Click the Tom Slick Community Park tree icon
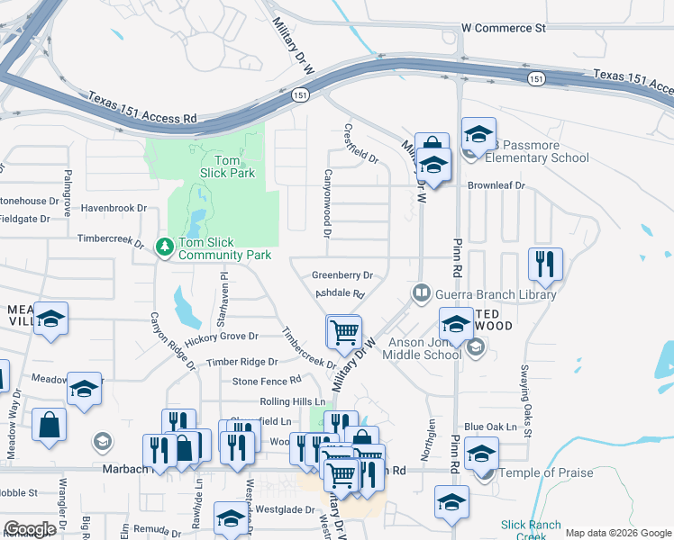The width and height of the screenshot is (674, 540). click(x=164, y=246)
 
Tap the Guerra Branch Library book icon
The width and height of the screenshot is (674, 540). click(x=421, y=292)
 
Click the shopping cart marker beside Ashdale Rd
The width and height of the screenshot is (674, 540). click(x=344, y=332)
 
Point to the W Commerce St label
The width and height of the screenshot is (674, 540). click(x=504, y=28)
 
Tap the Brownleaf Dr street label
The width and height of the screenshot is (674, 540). click(x=496, y=185)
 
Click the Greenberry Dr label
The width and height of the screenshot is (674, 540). click(x=342, y=274)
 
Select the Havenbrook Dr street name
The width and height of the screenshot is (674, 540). click(x=114, y=208)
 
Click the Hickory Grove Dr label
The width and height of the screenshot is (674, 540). click(x=222, y=338)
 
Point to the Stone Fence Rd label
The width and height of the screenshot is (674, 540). click(x=267, y=381)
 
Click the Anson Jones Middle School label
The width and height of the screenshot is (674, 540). click(x=424, y=348)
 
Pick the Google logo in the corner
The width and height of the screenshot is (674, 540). click(x=30, y=529)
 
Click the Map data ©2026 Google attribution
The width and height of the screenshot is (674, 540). click(x=618, y=533)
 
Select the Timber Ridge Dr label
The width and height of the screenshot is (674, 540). click(x=241, y=362)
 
